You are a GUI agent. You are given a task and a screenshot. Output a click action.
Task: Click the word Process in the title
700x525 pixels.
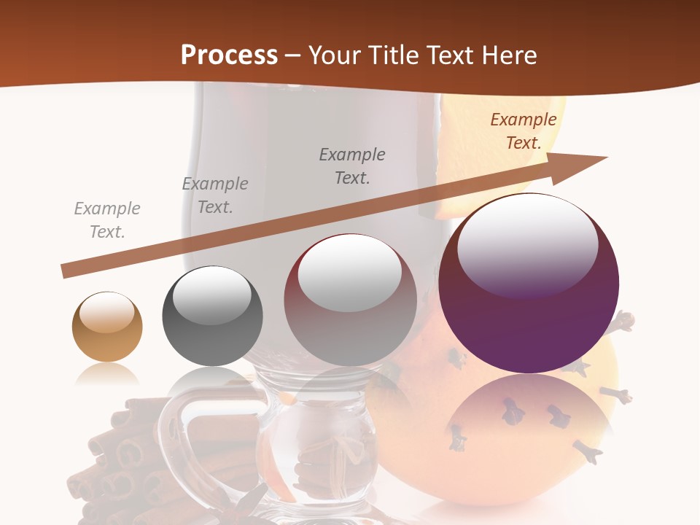pyautogui.click(x=229, y=55)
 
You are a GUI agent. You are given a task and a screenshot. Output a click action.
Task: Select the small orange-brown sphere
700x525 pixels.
pyautogui.click(x=107, y=327)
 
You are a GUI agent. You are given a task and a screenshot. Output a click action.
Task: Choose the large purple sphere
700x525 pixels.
pyautogui.click(x=529, y=284)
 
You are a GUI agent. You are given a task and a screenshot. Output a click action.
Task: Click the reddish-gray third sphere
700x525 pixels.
pyautogui.click(x=350, y=300)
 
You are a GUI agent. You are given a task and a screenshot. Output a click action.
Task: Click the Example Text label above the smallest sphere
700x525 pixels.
pyautogui.click(x=107, y=220)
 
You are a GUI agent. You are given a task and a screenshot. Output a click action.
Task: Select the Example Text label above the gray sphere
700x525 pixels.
pyautogui.click(x=215, y=195)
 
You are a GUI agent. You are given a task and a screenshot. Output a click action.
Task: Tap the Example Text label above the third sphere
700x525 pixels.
pyautogui.click(x=352, y=166)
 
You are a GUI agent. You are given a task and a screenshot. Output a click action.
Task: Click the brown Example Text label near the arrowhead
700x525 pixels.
pyautogui.click(x=524, y=131)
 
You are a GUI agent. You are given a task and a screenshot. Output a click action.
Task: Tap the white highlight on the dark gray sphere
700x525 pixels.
pyautogui.click(x=212, y=294)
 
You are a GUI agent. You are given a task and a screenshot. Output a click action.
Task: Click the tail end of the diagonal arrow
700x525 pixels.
pyautogui.click(x=66, y=271)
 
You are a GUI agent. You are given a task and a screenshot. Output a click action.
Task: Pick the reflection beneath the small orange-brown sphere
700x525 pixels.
pyautogui.click(x=107, y=374)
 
